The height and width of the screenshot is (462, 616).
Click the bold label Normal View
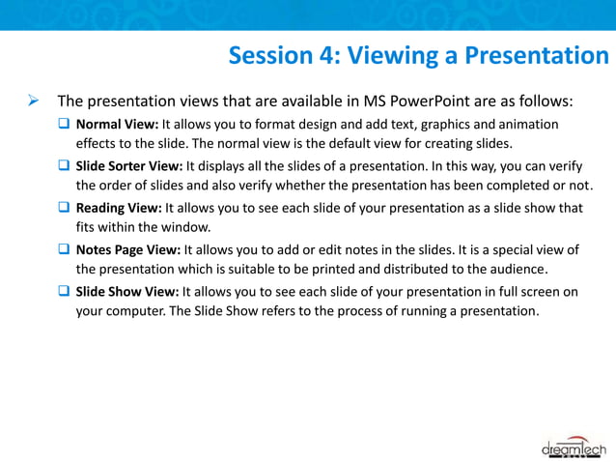click(117, 125)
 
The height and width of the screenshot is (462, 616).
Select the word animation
click(525, 125)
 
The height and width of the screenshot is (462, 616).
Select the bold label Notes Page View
click(127, 250)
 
